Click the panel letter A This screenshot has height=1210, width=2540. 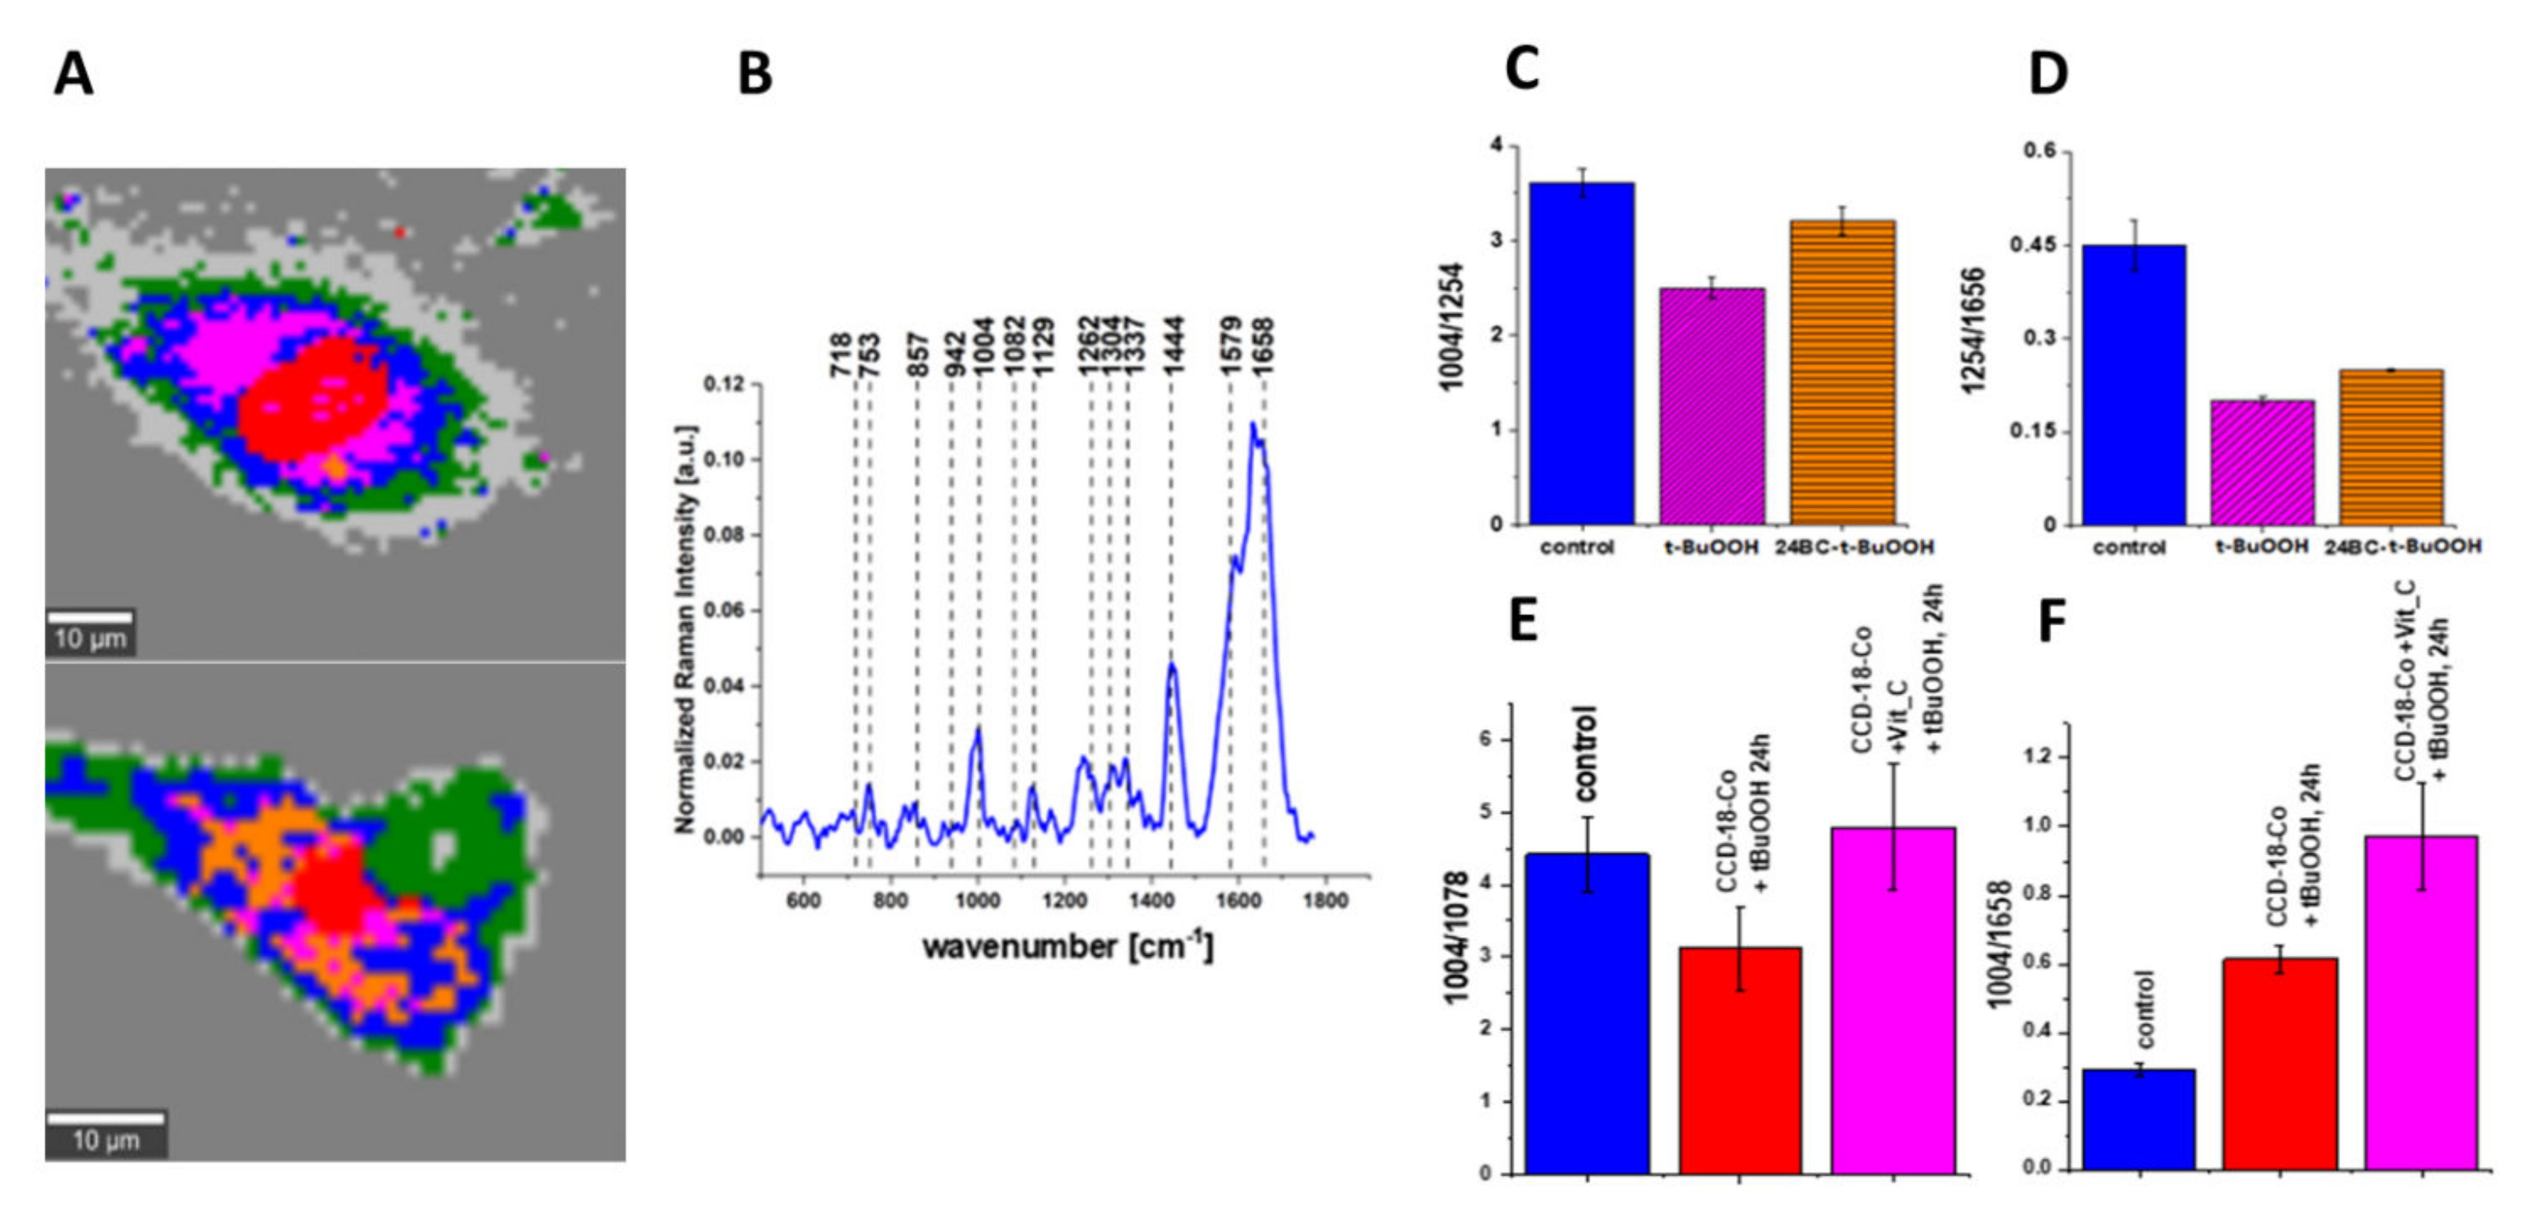point(74,74)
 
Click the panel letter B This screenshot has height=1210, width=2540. point(756,74)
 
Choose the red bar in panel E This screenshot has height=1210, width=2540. point(1741,1060)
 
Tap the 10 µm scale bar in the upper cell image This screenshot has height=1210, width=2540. point(90,619)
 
